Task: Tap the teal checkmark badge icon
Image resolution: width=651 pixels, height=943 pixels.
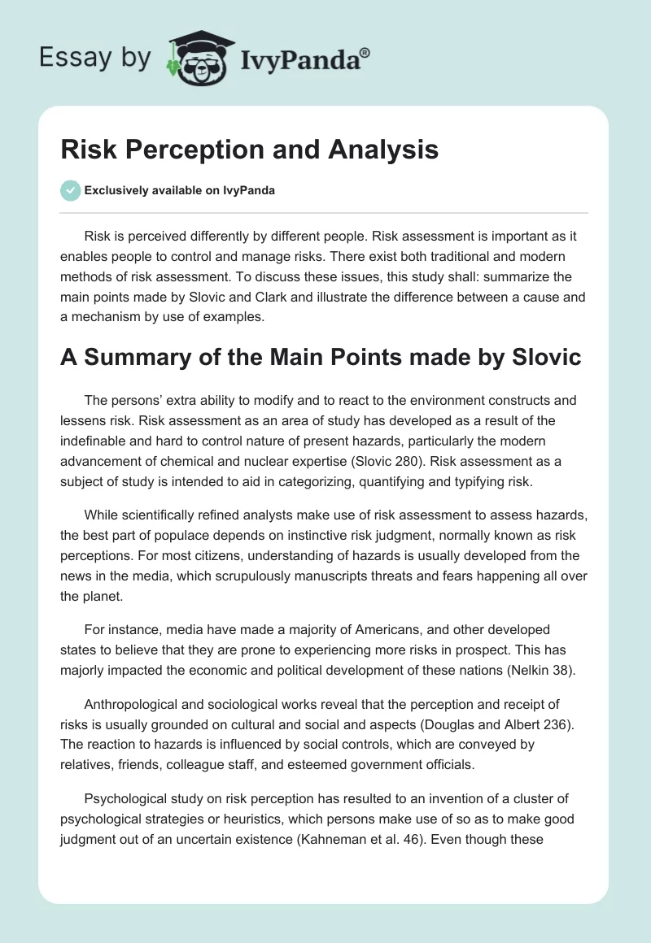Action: pyautogui.click(x=70, y=190)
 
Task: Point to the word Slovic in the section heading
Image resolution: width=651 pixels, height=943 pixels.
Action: pyautogui.click(x=541, y=357)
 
